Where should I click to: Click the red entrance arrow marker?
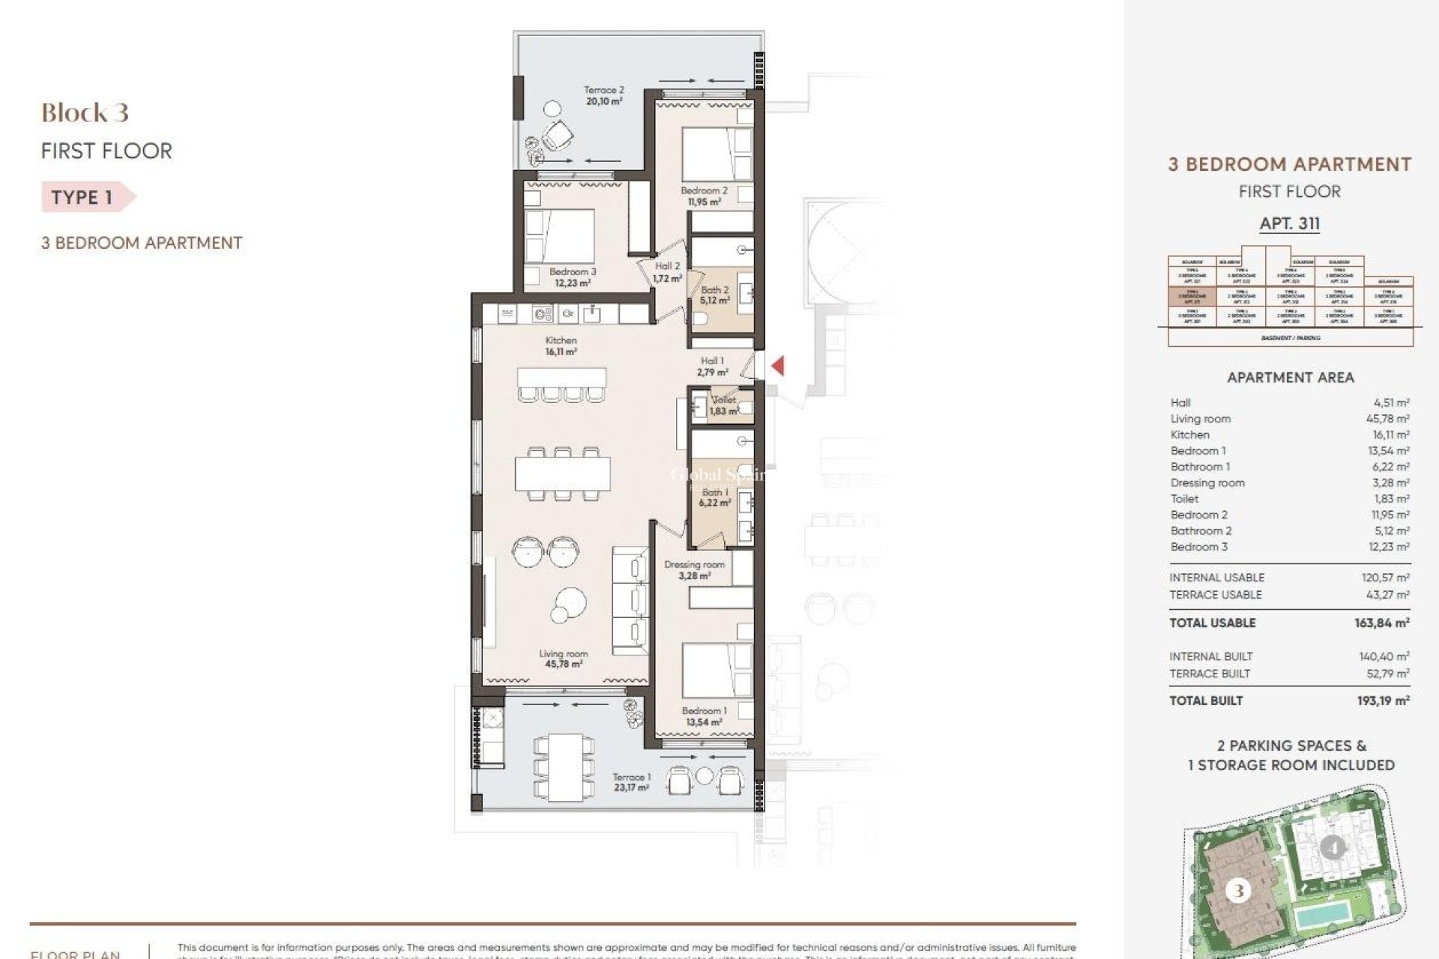779,366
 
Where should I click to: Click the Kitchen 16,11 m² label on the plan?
561,345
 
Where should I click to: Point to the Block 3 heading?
85,113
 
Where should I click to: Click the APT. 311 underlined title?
1289,223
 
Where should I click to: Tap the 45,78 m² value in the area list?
1387,419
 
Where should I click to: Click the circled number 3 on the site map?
1238,891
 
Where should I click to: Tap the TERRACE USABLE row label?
1215,595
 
